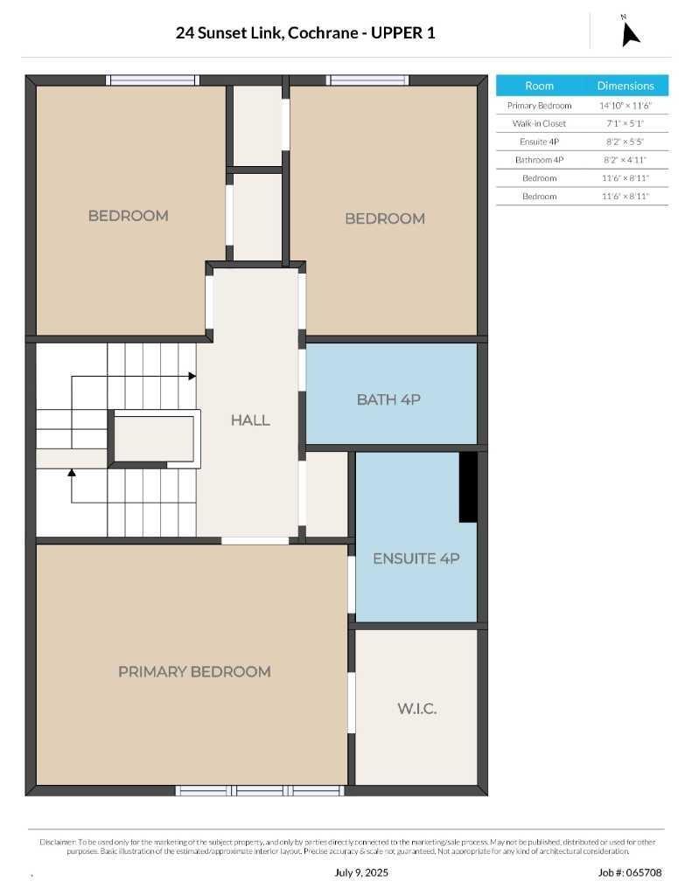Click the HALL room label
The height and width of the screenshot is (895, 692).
(x=250, y=420)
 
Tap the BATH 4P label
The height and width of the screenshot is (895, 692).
(x=388, y=399)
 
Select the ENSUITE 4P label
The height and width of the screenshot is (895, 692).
(x=416, y=559)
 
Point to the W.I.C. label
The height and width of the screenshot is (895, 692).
(x=417, y=708)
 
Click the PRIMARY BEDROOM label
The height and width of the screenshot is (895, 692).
(x=194, y=671)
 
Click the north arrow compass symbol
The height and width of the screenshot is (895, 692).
(x=630, y=33)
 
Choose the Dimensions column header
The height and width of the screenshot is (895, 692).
(x=626, y=86)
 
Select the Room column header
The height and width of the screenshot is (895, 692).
(x=539, y=86)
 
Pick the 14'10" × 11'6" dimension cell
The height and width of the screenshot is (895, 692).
(x=626, y=106)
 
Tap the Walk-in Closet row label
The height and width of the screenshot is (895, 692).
(x=539, y=123)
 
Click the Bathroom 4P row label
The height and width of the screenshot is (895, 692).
(x=539, y=160)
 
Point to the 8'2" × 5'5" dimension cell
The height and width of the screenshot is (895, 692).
(x=626, y=142)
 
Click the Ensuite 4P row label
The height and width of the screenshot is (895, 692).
(x=539, y=142)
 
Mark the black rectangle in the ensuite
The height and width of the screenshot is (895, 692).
(x=468, y=487)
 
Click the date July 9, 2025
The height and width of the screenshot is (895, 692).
(x=361, y=872)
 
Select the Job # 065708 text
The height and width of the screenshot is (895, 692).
(x=630, y=872)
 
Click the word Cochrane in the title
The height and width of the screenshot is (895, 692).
(x=323, y=33)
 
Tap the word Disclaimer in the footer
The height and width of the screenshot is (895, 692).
(x=58, y=842)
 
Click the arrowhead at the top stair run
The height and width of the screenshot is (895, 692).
(x=192, y=376)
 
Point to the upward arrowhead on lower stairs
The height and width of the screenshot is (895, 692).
(x=72, y=473)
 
